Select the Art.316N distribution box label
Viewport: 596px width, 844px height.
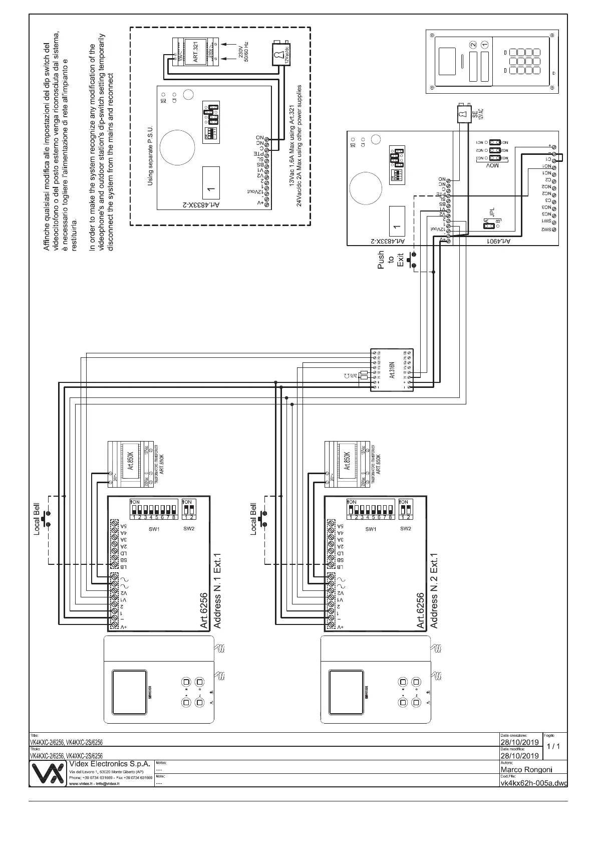[392, 370]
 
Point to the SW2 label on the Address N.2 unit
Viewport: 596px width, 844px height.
[405, 528]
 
